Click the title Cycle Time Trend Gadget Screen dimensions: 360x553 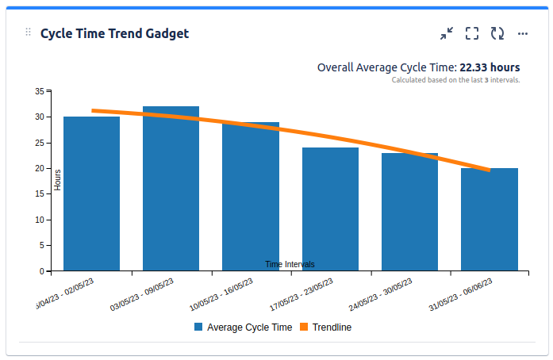[x=114, y=33]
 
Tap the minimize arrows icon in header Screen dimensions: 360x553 [x=447, y=33]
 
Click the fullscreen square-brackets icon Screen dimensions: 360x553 [x=472, y=33]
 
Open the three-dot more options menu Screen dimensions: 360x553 [x=523, y=33]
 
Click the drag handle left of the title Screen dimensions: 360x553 [x=29, y=33]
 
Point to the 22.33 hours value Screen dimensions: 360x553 [x=490, y=67]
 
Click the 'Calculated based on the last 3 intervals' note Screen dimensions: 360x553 [x=455, y=80]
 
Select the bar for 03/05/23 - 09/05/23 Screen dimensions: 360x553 [x=171, y=190]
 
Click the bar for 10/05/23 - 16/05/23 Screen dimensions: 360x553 [x=251, y=198]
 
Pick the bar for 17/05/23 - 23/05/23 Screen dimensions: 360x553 [x=330, y=210]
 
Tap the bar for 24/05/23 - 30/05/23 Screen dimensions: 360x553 [x=409, y=213]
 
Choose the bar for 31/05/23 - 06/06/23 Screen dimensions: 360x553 [x=490, y=220]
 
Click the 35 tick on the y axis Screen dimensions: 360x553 [x=40, y=91]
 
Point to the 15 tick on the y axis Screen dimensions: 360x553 [x=40, y=194]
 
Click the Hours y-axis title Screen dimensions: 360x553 [x=58, y=179]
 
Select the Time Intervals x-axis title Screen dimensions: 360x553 [x=290, y=264]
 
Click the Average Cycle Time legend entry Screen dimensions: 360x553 [x=242, y=327]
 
